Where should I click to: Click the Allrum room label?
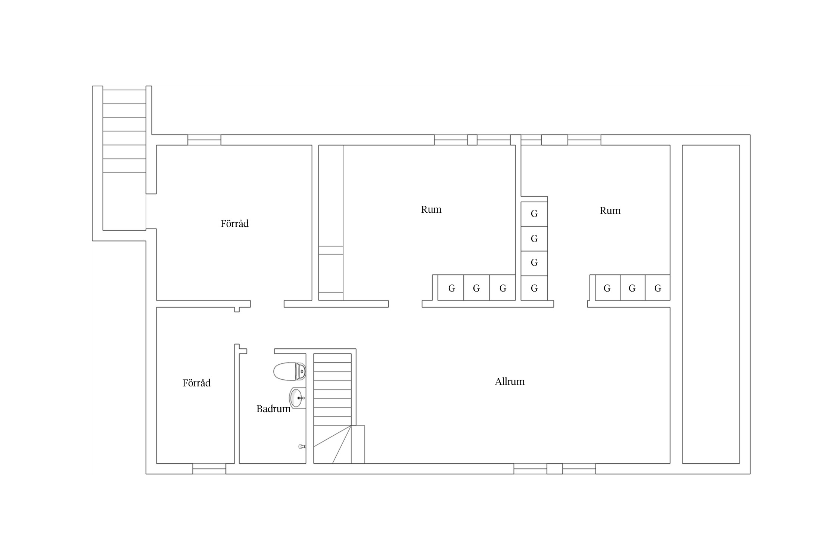point(510,382)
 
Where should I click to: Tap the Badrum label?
point(273,409)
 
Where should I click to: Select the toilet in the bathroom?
point(290,371)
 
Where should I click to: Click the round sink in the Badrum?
point(298,398)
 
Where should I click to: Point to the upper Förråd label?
point(234,224)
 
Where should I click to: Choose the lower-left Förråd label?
point(196,383)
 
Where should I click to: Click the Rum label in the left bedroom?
point(431,209)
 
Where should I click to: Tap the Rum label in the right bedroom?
point(610,211)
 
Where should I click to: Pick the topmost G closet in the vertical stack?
point(534,214)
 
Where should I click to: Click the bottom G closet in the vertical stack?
point(534,288)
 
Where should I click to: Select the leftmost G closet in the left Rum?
point(451,287)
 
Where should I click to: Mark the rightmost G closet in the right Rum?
point(657,287)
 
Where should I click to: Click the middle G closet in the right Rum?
point(632,287)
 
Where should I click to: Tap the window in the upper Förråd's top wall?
point(204,140)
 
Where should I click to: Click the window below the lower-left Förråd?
point(209,469)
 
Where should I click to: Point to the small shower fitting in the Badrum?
point(302,446)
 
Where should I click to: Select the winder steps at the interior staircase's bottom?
point(332,444)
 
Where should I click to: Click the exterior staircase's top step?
point(124,97)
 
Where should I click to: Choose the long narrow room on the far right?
point(711,304)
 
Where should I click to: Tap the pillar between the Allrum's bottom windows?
point(555,469)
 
